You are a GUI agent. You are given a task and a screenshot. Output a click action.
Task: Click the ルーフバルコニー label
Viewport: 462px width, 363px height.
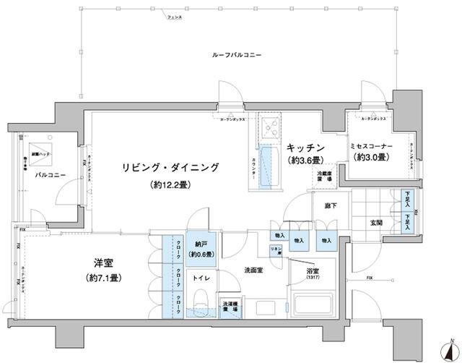(x=237, y=56)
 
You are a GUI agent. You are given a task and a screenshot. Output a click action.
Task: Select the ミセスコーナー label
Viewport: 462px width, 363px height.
(x=370, y=145)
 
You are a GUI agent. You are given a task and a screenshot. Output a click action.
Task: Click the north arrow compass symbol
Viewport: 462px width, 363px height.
(x=448, y=346)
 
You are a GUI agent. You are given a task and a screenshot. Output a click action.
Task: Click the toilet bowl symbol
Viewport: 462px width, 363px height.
(x=202, y=298)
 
